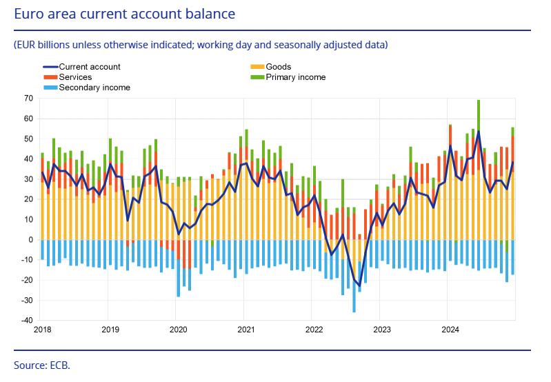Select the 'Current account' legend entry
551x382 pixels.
pyautogui.click(x=90, y=67)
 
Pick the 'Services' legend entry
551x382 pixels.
pyautogui.click(x=75, y=77)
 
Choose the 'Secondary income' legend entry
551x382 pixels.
pyautogui.click(x=94, y=88)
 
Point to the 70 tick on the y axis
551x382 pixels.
pyautogui.click(x=28, y=99)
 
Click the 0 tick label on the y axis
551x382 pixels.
pyautogui.click(x=30, y=240)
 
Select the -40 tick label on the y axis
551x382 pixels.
pyautogui.click(x=26, y=321)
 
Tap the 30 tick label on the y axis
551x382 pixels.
pyautogui.click(x=28, y=179)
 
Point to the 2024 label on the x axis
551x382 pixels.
pyautogui.click(x=449, y=330)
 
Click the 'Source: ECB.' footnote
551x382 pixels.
pyautogui.click(x=42, y=365)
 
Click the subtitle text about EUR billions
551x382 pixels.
pyautogui.click(x=201, y=45)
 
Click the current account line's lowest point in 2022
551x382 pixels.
pyautogui.click(x=359, y=285)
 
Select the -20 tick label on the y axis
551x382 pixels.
pyautogui.click(x=26, y=281)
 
